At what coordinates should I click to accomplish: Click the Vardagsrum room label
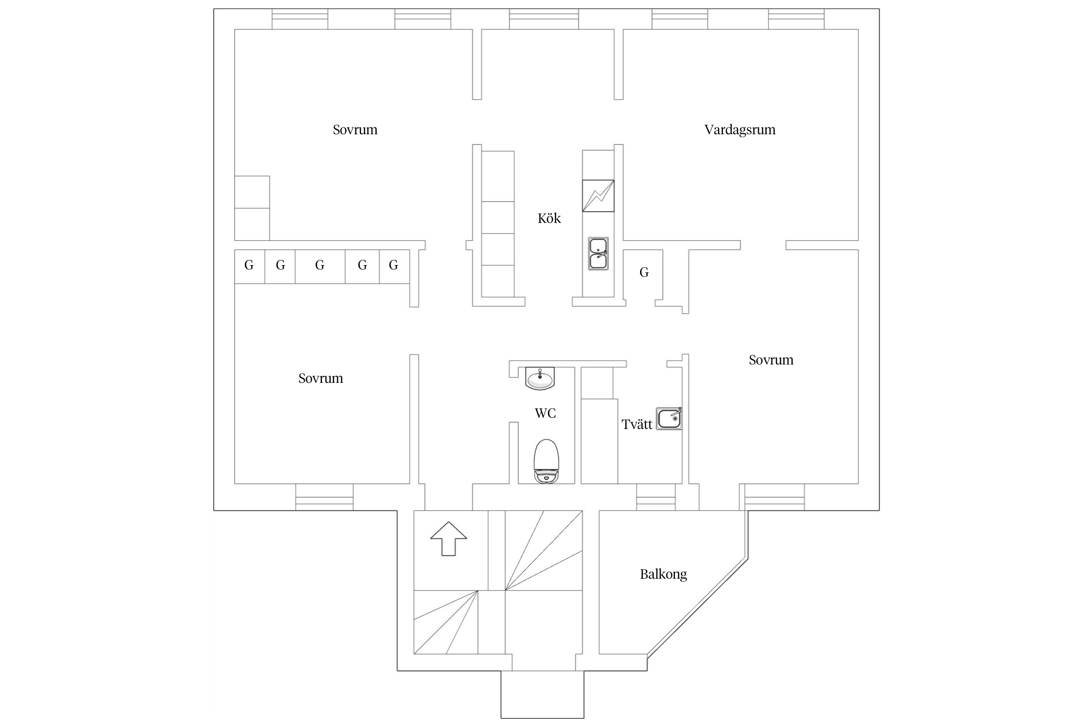pos(739,130)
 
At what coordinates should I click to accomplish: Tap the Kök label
pos(549,219)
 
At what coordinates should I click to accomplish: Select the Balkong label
pos(663,574)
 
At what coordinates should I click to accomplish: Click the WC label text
pos(545,413)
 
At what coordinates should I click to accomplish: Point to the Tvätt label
pos(637,425)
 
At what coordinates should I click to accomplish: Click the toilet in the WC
pos(546,461)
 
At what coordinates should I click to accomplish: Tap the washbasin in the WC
pos(540,378)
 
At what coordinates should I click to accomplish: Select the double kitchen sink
pos(598,253)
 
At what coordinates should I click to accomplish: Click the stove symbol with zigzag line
pos(598,196)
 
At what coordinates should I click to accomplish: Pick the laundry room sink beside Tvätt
pos(669,419)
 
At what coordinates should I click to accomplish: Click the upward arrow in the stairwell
pos(449,538)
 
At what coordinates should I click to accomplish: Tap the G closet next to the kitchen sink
pos(643,273)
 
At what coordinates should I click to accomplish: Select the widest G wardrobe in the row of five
pos(320,266)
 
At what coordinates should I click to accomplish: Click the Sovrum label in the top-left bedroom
pos(355,130)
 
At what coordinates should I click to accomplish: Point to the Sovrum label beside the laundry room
pos(770,360)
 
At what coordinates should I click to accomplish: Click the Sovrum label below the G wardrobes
pos(321,379)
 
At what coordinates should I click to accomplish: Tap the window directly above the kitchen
pos(544,19)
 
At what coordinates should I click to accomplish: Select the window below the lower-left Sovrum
pos(324,497)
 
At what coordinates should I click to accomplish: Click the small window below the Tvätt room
pos(656,497)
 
